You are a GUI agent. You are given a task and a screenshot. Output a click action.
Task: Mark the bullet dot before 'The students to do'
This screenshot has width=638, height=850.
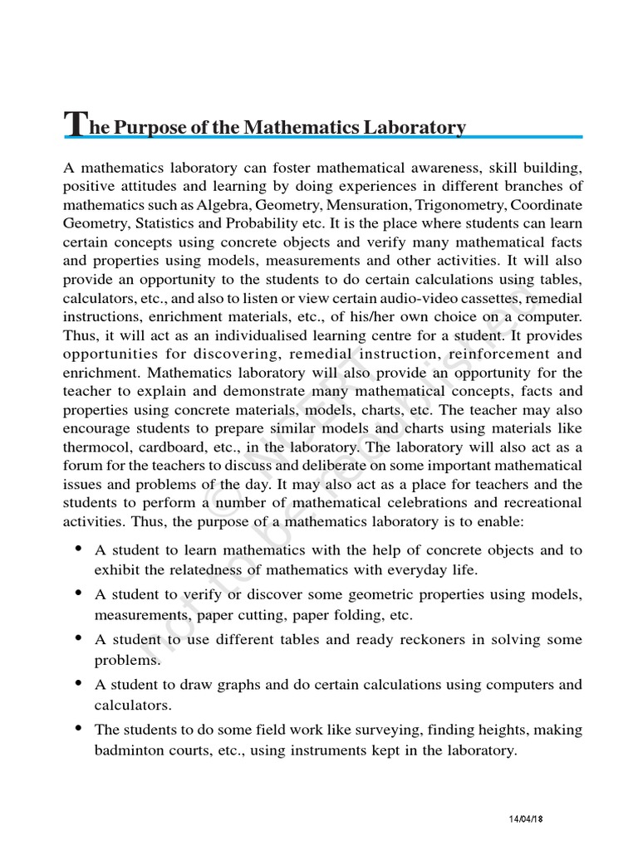pos(78,728)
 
